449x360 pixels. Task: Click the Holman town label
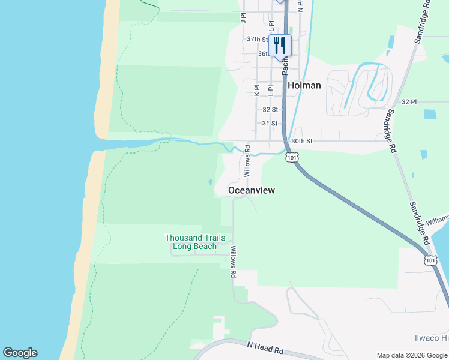(304, 85)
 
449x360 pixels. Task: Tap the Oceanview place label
(252, 190)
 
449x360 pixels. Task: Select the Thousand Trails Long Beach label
(191, 242)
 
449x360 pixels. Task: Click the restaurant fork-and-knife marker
(280, 44)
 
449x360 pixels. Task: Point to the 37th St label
(257, 39)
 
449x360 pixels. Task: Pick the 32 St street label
(270, 110)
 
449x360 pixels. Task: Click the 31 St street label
(270, 124)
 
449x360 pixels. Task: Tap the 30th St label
(301, 141)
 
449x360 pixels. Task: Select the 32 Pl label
(409, 102)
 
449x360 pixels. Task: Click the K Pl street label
(256, 89)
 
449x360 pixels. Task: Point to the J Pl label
(243, 18)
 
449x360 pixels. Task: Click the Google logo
(20, 353)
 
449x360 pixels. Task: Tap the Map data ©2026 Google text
(412, 355)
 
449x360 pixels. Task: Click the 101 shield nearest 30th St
(291, 157)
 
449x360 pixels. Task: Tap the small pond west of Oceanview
(209, 182)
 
